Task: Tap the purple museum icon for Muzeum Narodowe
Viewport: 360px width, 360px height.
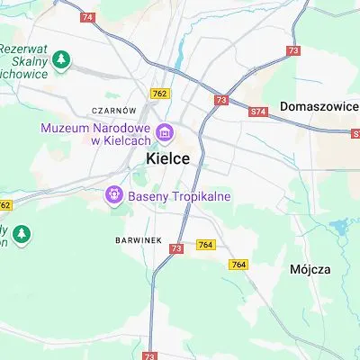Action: pos(165,134)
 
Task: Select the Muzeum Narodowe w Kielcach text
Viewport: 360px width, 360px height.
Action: pos(97,134)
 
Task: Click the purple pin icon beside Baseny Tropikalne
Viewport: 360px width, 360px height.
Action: pos(114,193)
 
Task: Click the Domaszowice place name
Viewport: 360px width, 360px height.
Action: pos(319,106)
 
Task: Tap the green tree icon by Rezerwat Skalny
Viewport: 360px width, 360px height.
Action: pos(61,59)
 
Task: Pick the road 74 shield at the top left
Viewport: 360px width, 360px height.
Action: pos(87,17)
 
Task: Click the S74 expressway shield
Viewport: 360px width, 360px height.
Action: pos(259,112)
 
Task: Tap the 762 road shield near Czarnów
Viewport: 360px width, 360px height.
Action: pos(160,93)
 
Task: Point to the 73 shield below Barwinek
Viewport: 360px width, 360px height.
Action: pos(176,248)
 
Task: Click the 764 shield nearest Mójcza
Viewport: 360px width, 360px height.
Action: pos(238,264)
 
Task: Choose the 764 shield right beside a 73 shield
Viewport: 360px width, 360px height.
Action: pos(206,246)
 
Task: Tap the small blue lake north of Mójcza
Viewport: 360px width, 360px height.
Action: pos(341,225)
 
